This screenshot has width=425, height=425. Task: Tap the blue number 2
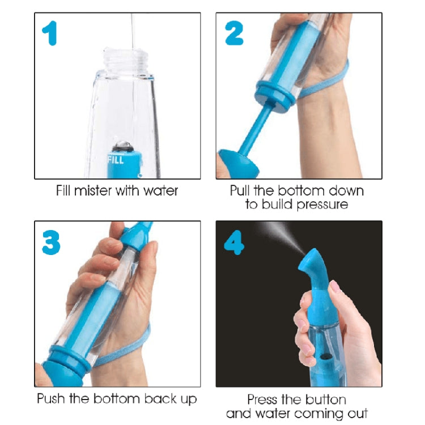tap(234, 33)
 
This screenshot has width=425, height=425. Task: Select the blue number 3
tap(52, 242)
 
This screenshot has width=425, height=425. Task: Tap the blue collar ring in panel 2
tap(275, 93)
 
